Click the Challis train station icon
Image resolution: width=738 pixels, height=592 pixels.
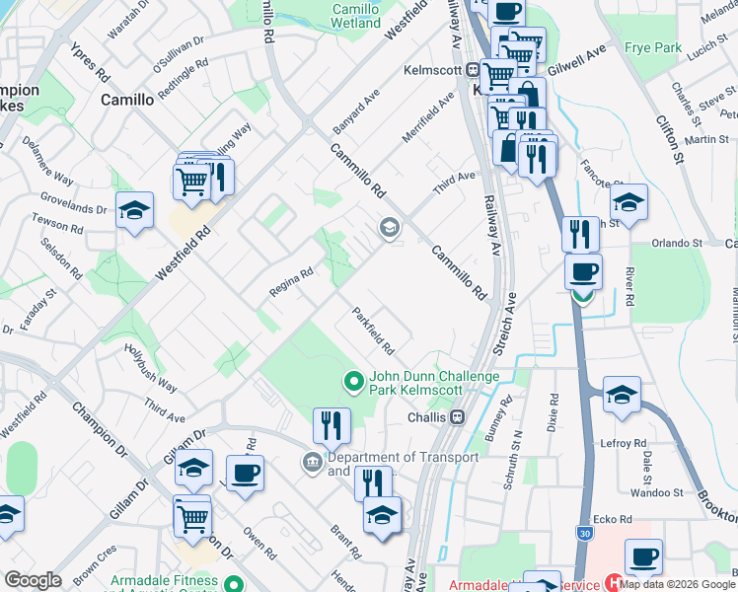coord(457,417)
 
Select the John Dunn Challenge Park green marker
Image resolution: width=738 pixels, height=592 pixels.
coord(353,380)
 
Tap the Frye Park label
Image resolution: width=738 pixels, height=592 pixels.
coord(653,47)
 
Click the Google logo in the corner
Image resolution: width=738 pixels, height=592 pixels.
coord(33,580)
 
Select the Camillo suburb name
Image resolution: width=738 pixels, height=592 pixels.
coord(127,100)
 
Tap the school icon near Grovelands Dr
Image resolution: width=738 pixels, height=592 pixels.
coord(134,210)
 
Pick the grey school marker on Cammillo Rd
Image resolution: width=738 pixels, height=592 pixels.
coord(389,229)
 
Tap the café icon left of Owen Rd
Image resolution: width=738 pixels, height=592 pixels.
coord(245,473)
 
